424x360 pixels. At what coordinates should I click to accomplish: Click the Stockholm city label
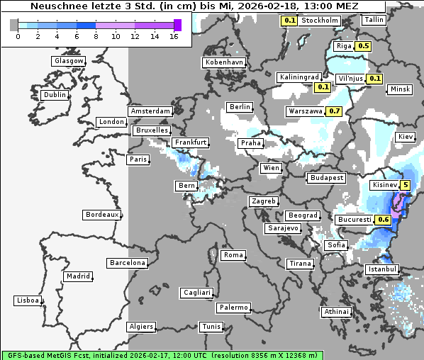pyautogui.click(x=319, y=21)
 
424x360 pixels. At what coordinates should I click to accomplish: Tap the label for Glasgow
pyautogui.click(x=68, y=61)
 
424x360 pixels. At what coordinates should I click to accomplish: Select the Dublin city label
pyautogui.click(x=55, y=95)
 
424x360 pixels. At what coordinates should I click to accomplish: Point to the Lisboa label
pyautogui.click(x=27, y=300)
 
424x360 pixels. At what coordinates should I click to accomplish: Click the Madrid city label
pyautogui.click(x=77, y=276)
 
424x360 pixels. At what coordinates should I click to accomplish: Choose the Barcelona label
pyautogui.click(x=128, y=263)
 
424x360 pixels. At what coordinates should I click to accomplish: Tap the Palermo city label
pyautogui.click(x=233, y=308)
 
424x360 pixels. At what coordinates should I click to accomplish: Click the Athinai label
pyautogui.click(x=336, y=312)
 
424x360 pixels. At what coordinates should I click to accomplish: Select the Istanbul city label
pyautogui.click(x=382, y=270)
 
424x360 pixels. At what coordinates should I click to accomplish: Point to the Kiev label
pyautogui.click(x=406, y=136)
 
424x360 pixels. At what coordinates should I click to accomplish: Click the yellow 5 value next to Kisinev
pyautogui.click(x=405, y=186)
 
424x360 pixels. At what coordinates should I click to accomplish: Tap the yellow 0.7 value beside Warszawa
pyautogui.click(x=335, y=111)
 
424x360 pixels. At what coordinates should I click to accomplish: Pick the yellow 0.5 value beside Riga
pyautogui.click(x=363, y=46)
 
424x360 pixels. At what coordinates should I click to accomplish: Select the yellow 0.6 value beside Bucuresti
pyautogui.click(x=383, y=220)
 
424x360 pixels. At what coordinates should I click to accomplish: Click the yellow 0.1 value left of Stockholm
pyautogui.click(x=289, y=21)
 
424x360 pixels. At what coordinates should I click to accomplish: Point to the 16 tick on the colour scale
pyautogui.click(x=174, y=36)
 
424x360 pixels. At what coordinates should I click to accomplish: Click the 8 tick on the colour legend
pyautogui.click(x=96, y=36)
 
